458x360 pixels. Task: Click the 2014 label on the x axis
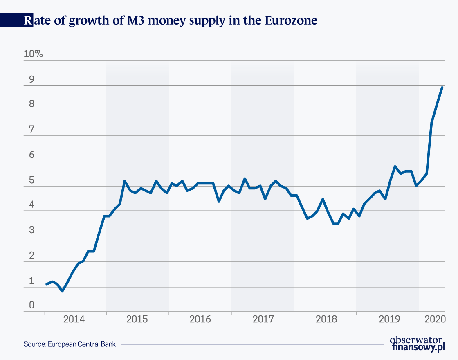point(74,319)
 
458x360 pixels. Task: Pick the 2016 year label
point(200,319)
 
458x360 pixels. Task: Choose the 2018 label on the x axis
point(326,319)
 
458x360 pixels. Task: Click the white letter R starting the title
point(27,20)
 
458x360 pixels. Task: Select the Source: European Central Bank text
point(70,344)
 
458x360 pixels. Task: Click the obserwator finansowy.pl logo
point(417,343)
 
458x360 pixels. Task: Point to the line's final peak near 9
point(442,87)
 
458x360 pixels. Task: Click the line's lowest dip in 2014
point(62,291)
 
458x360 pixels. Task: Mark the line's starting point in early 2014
point(46,284)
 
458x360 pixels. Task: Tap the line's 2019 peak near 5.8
point(395,166)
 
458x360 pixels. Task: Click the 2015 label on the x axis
point(137,319)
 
